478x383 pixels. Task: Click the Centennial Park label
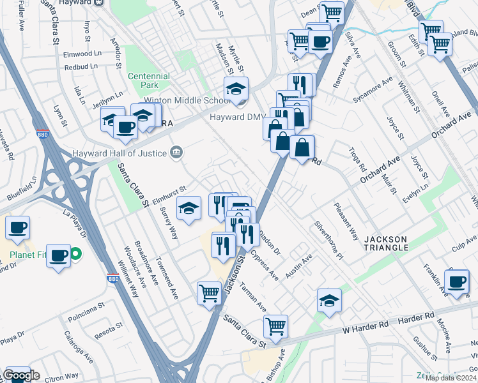coord(148,80)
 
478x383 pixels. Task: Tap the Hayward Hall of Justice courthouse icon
coord(176,153)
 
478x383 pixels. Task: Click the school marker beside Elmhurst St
coord(188,209)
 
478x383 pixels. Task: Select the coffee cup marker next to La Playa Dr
coord(17,227)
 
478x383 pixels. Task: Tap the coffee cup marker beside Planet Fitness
coord(59,255)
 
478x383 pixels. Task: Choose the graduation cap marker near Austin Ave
coord(329,301)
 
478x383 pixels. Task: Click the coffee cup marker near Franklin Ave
coord(456,282)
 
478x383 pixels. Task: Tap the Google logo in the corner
coord(20,376)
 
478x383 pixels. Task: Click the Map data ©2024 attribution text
coord(451,377)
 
